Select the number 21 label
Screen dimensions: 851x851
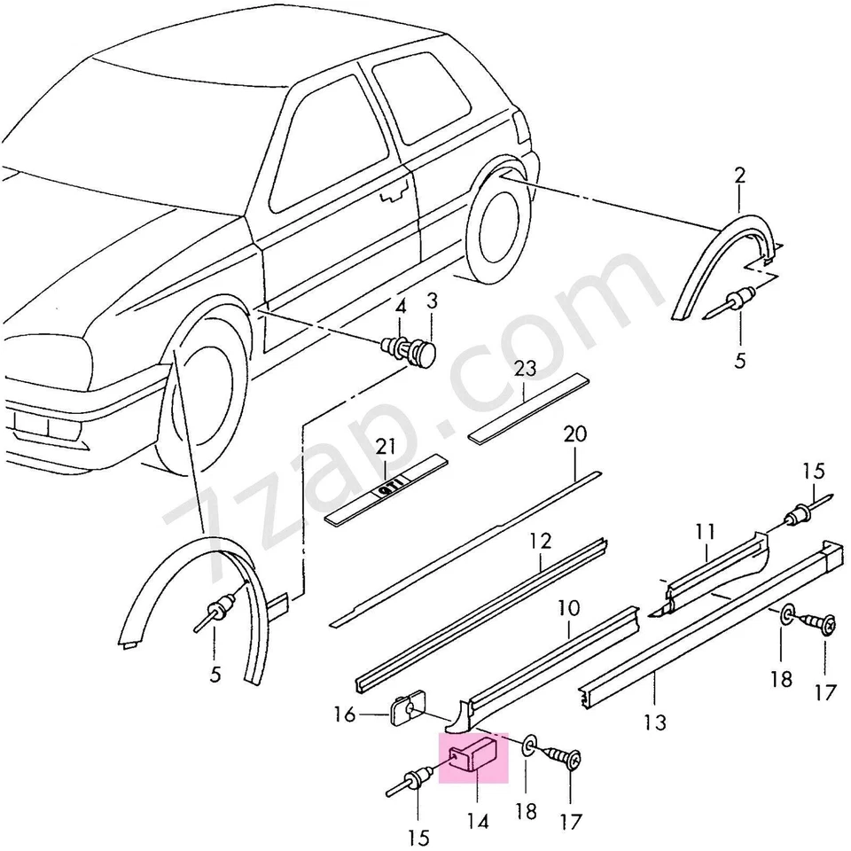[x=386, y=448]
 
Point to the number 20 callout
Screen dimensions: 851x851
[x=574, y=434]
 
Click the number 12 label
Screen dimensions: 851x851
[x=541, y=540]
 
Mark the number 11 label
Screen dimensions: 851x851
[x=705, y=532]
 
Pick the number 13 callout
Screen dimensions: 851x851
[x=654, y=723]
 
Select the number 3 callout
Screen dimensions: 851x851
[x=433, y=302]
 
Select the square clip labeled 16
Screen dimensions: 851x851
[x=406, y=709]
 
